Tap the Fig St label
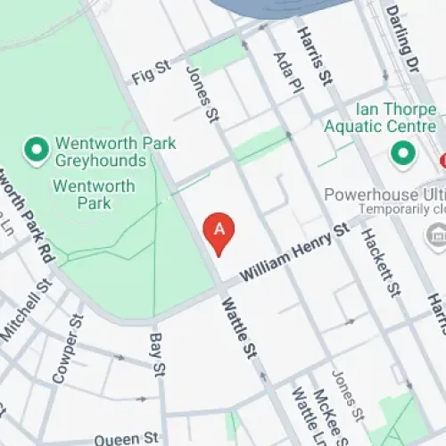coord(151,74)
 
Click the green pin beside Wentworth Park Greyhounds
coord(37,151)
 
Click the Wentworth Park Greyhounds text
coord(114,152)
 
